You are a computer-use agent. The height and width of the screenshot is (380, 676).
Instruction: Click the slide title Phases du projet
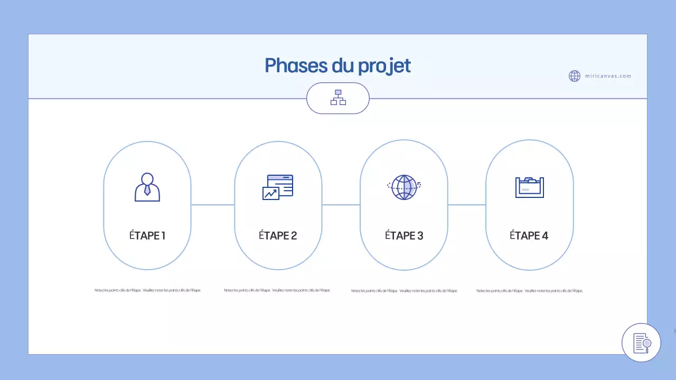click(x=337, y=66)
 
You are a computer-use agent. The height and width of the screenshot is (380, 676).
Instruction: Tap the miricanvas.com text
click(x=608, y=76)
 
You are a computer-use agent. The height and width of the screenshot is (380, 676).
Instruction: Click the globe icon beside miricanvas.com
click(x=575, y=76)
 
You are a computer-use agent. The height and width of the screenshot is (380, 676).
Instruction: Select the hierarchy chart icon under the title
click(x=338, y=98)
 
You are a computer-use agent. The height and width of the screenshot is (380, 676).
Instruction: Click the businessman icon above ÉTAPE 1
click(x=147, y=187)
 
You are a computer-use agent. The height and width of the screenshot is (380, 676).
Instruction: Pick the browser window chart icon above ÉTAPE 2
click(x=278, y=187)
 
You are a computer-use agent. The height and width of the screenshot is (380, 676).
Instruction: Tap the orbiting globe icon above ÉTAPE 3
click(x=404, y=187)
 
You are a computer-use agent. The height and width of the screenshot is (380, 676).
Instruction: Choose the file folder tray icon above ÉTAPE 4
click(x=529, y=187)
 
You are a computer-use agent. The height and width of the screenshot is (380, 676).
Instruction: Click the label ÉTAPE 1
click(x=147, y=235)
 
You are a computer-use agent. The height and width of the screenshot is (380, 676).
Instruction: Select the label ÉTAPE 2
click(x=278, y=235)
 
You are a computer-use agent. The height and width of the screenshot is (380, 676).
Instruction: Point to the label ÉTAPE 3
click(x=404, y=235)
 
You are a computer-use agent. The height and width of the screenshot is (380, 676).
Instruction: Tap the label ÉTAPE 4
click(x=529, y=235)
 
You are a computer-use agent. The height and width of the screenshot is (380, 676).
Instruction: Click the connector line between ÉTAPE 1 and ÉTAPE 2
click(x=212, y=205)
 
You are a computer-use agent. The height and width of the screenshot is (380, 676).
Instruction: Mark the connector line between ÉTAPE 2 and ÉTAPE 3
click(x=341, y=205)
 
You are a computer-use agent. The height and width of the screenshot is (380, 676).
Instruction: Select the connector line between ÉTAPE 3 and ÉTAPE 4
click(x=466, y=205)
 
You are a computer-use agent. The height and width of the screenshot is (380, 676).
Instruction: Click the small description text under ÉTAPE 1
click(x=147, y=290)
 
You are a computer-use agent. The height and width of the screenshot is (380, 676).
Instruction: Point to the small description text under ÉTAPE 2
click(x=277, y=290)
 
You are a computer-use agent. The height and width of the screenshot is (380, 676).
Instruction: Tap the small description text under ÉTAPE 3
click(x=404, y=291)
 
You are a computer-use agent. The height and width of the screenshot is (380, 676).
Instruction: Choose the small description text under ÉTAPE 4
click(x=529, y=291)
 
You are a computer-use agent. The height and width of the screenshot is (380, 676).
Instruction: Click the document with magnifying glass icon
click(x=641, y=343)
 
